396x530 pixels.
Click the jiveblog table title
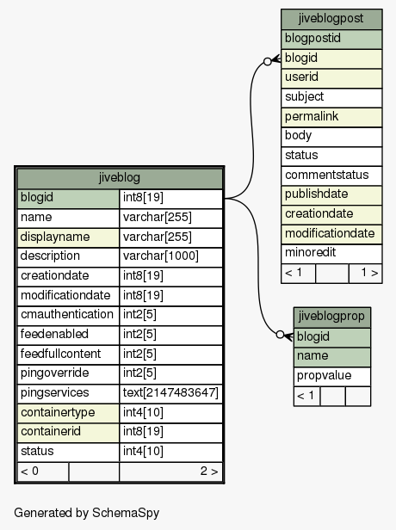pyautogui.click(x=120, y=178)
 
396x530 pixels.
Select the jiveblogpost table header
pyautogui.click(x=331, y=19)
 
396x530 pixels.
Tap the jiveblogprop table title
pyautogui.click(x=331, y=317)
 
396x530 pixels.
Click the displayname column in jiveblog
pyautogui.click(x=68, y=237)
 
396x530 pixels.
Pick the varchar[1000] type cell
pyautogui.click(x=170, y=256)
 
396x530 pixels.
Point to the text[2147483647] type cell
pyautogui.click(x=170, y=393)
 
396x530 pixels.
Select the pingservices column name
pyautogui.click(x=55, y=393)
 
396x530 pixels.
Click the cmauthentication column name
pyautogui.click(x=67, y=315)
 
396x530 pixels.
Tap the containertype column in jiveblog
pyautogui.click(x=68, y=413)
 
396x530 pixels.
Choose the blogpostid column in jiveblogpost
pyautogui.click(x=331, y=39)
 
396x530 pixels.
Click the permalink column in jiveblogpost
pyautogui.click(x=331, y=117)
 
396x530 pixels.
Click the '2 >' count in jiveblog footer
pyautogui.click(x=209, y=471)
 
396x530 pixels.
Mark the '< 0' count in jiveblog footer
pyautogui.click(x=29, y=471)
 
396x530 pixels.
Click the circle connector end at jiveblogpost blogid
pyautogui.click(x=268, y=62)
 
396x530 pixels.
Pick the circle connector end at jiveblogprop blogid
pyautogui.click(x=280, y=335)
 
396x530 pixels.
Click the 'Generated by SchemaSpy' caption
pyautogui.click(x=87, y=513)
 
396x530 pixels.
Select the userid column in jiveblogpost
pyautogui.click(x=331, y=77)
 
